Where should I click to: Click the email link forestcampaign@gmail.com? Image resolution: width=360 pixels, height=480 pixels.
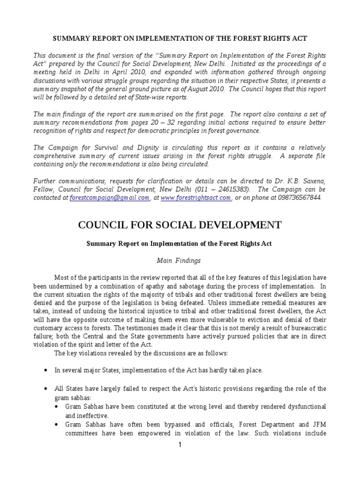109,198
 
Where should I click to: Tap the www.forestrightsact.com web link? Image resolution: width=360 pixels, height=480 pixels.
195,198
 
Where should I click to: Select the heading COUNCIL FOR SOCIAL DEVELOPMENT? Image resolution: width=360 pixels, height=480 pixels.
180,225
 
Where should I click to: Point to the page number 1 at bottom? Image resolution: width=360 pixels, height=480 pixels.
180,445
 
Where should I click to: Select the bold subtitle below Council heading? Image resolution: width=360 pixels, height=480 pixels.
180,244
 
